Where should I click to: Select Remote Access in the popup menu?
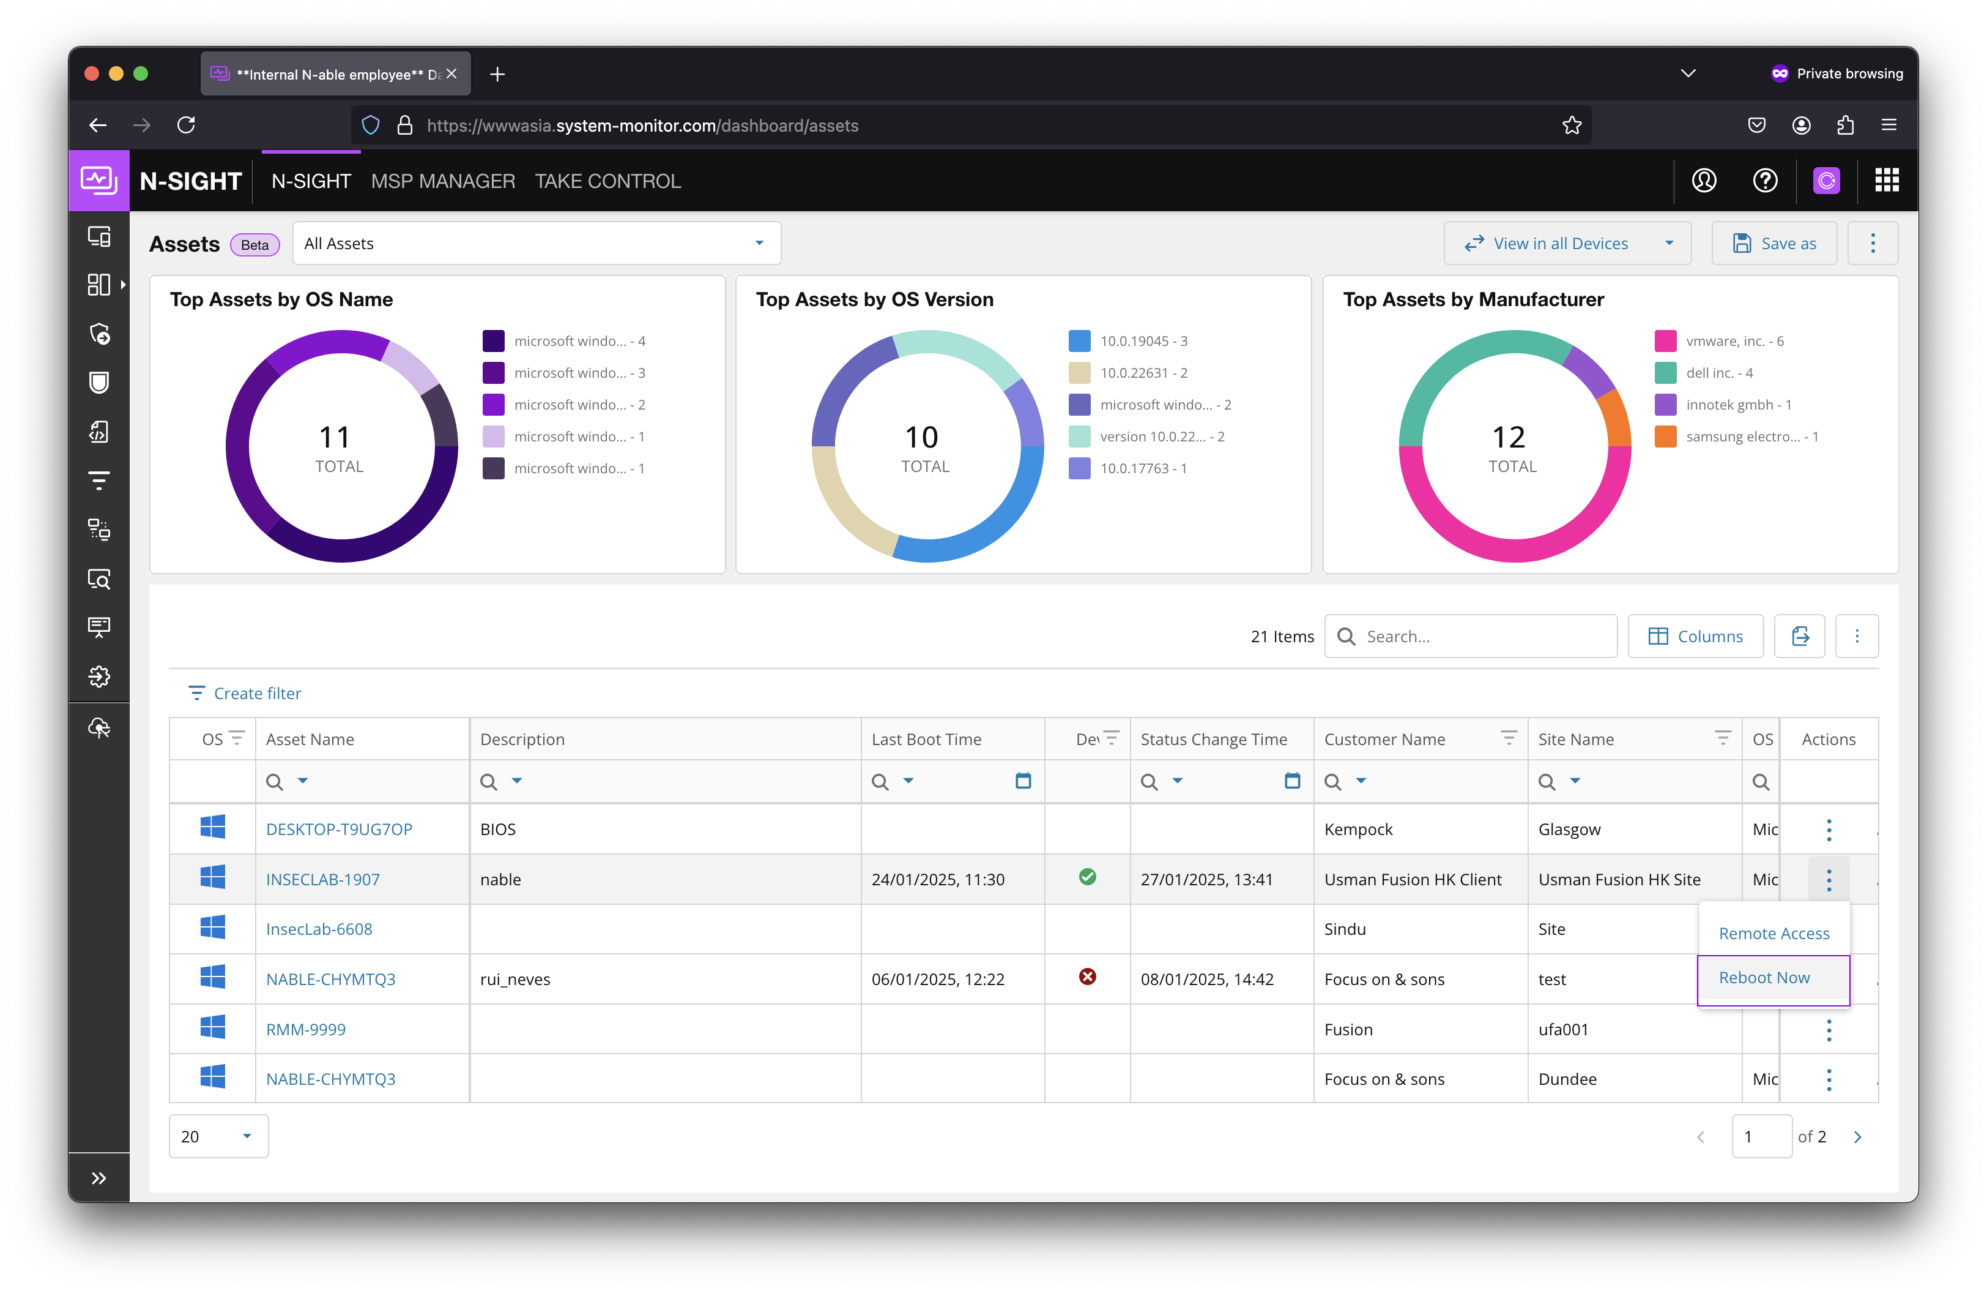point(1773,934)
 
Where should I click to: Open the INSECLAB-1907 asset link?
point(322,880)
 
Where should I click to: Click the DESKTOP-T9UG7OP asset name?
point(339,830)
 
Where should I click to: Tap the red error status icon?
point(1087,977)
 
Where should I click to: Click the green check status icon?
point(1087,877)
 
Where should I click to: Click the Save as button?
point(1774,244)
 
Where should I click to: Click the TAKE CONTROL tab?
point(608,181)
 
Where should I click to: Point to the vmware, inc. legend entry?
point(1734,342)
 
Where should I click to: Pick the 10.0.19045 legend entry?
point(1143,342)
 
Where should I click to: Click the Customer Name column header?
point(1384,739)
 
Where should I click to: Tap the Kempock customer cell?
point(1358,830)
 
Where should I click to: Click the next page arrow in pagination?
point(1857,1137)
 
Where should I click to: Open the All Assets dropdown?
point(536,244)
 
